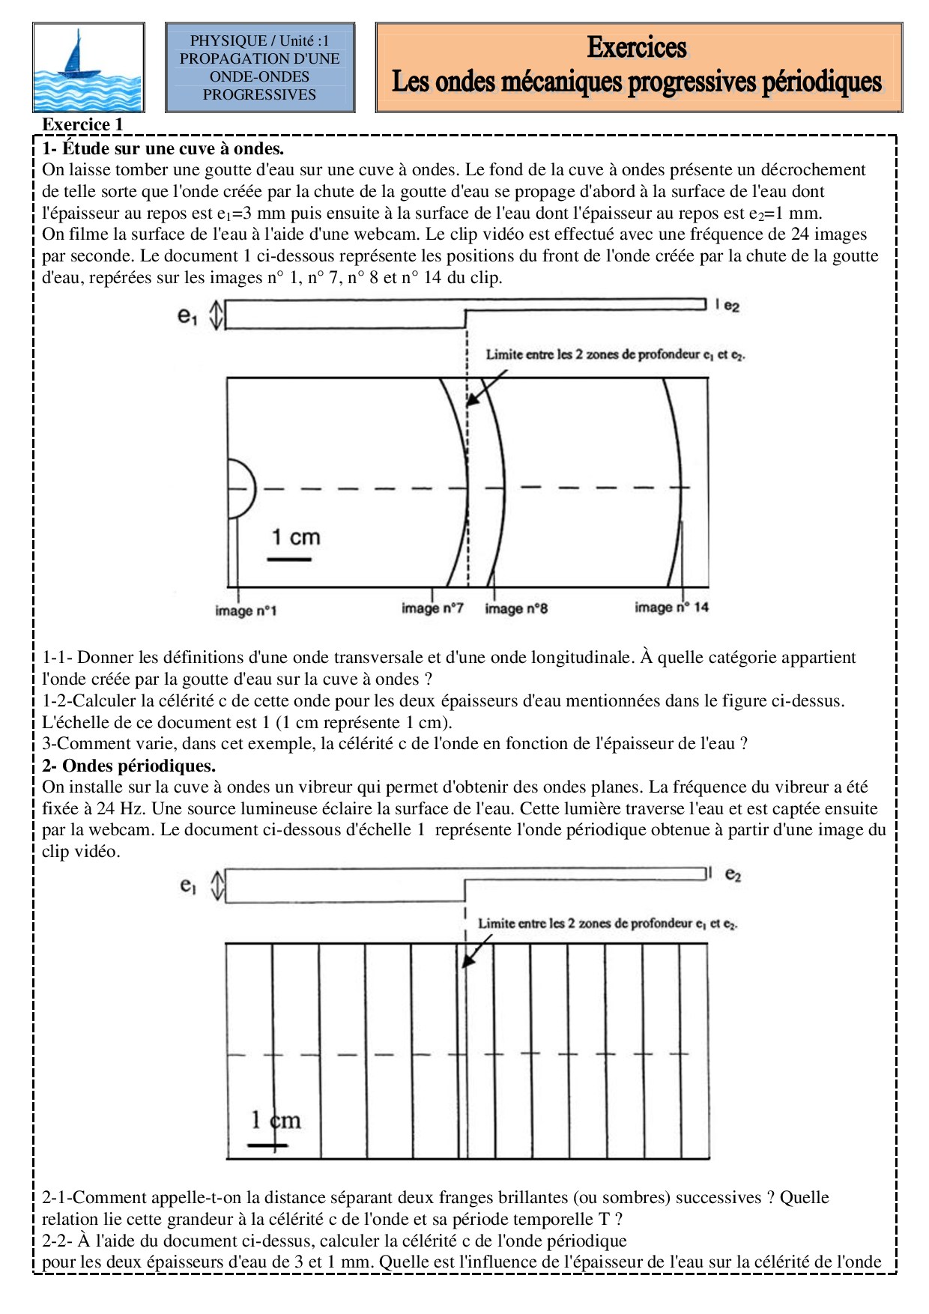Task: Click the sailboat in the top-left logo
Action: pyautogui.click(x=78, y=56)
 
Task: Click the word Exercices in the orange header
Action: pyautogui.click(x=637, y=47)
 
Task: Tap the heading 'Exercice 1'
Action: pyautogui.click(x=82, y=124)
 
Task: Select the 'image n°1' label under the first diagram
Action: pyautogui.click(x=246, y=611)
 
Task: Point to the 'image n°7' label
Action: pyautogui.click(x=432, y=608)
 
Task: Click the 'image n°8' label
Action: pyautogui.click(x=516, y=608)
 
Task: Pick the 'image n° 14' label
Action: pyautogui.click(x=671, y=607)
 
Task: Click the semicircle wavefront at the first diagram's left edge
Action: pyautogui.click(x=243, y=488)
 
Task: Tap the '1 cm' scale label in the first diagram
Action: pyautogui.click(x=295, y=537)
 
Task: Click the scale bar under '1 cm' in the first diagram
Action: pyautogui.click(x=289, y=559)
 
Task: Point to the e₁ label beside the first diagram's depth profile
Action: pyautogui.click(x=187, y=316)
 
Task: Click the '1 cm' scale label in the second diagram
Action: pyautogui.click(x=276, y=1120)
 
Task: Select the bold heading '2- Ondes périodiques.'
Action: pyautogui.click(x=129, y=766)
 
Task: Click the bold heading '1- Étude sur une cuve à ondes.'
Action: pyautogui.click(x=163, y=148)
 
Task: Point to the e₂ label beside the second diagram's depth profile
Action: pyautogui.click(x=733, y=874)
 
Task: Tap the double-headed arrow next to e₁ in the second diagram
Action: pyautogui.click(x=217, y=885)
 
